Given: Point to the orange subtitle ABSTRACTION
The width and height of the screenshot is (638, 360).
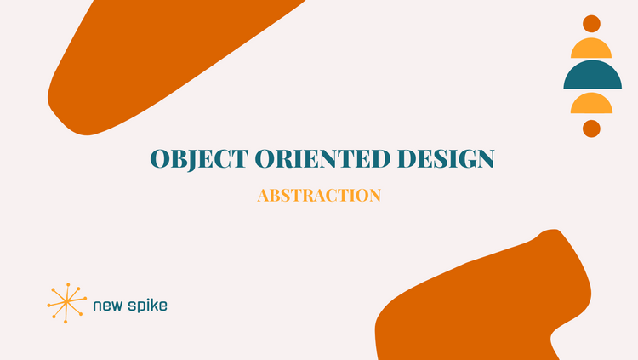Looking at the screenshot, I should click(319, 196).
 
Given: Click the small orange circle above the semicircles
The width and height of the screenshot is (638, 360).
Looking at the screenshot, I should click(591, 24).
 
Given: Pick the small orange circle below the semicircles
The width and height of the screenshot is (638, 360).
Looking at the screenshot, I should click(591, 129).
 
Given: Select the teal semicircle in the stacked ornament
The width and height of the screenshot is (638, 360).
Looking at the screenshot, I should click(591, 77).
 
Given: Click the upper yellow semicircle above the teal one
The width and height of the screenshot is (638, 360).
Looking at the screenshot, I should click(591, 49).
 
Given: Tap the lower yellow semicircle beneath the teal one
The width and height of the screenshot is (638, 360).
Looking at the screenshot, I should click(591, 104).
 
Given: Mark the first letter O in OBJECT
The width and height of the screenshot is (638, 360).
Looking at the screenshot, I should click(160, 159).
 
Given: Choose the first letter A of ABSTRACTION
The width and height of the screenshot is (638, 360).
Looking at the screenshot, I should click(263, 196).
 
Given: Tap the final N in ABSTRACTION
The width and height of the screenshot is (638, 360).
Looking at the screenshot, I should click(374, 196).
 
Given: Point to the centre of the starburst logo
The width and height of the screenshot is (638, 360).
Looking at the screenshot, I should click(65, 301).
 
